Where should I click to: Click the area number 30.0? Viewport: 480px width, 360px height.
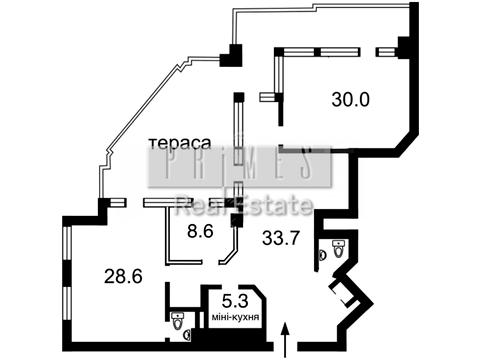coord(350,99)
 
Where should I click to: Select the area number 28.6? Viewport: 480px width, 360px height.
coord(124,273)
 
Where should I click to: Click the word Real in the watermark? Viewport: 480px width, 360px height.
coord(196,208)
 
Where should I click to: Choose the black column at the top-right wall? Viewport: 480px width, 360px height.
coord(403,46)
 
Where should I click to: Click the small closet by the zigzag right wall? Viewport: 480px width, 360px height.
coord(346,294)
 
